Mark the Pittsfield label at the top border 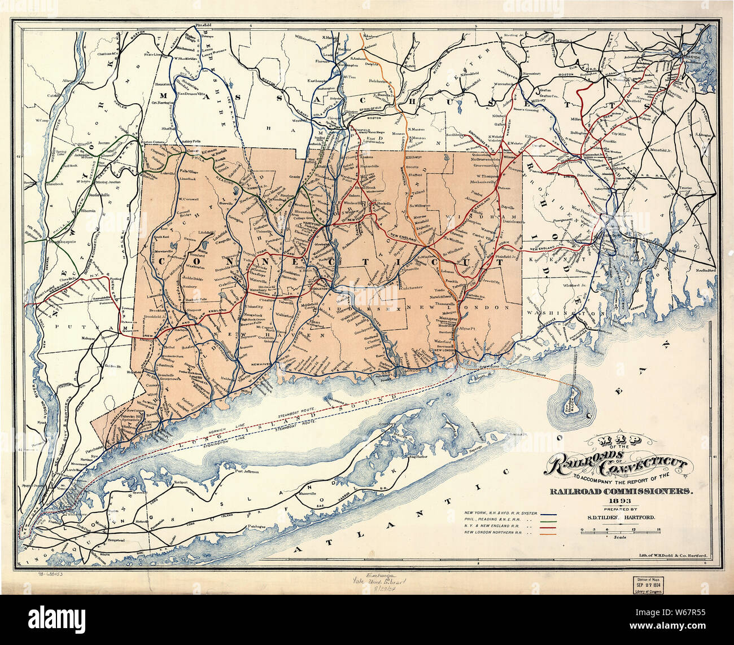(203, 25)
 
